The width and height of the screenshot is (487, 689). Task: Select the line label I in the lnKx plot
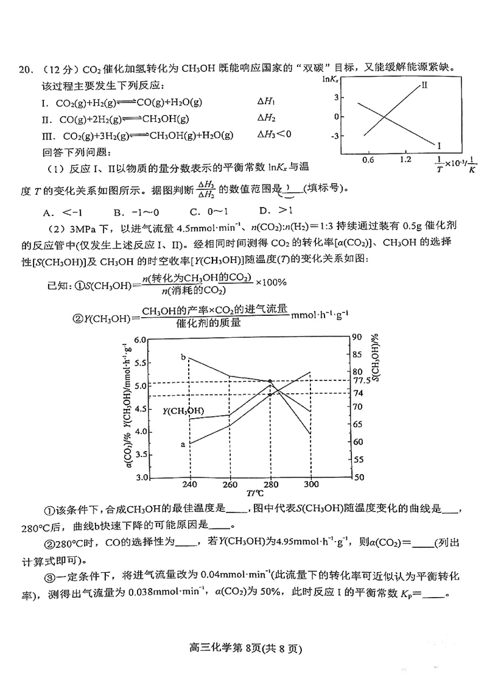coord(438,145)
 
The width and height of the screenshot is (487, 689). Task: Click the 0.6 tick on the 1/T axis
coord(368,159)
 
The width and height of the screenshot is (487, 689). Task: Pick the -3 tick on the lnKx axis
coord(334,136)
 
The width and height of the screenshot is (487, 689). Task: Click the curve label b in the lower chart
coord(183,357)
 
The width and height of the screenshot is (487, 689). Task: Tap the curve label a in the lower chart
coord(183,444)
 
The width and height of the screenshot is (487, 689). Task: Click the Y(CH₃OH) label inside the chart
coord(183,411)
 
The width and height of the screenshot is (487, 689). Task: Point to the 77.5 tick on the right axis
coord(362,380)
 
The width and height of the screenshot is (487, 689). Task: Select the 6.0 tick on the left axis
coord(140,340)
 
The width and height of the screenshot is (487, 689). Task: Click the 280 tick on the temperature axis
coord(270,484)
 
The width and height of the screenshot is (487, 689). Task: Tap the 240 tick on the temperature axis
coord(191,484)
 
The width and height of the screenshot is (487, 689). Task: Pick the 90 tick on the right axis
coord(357,337)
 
